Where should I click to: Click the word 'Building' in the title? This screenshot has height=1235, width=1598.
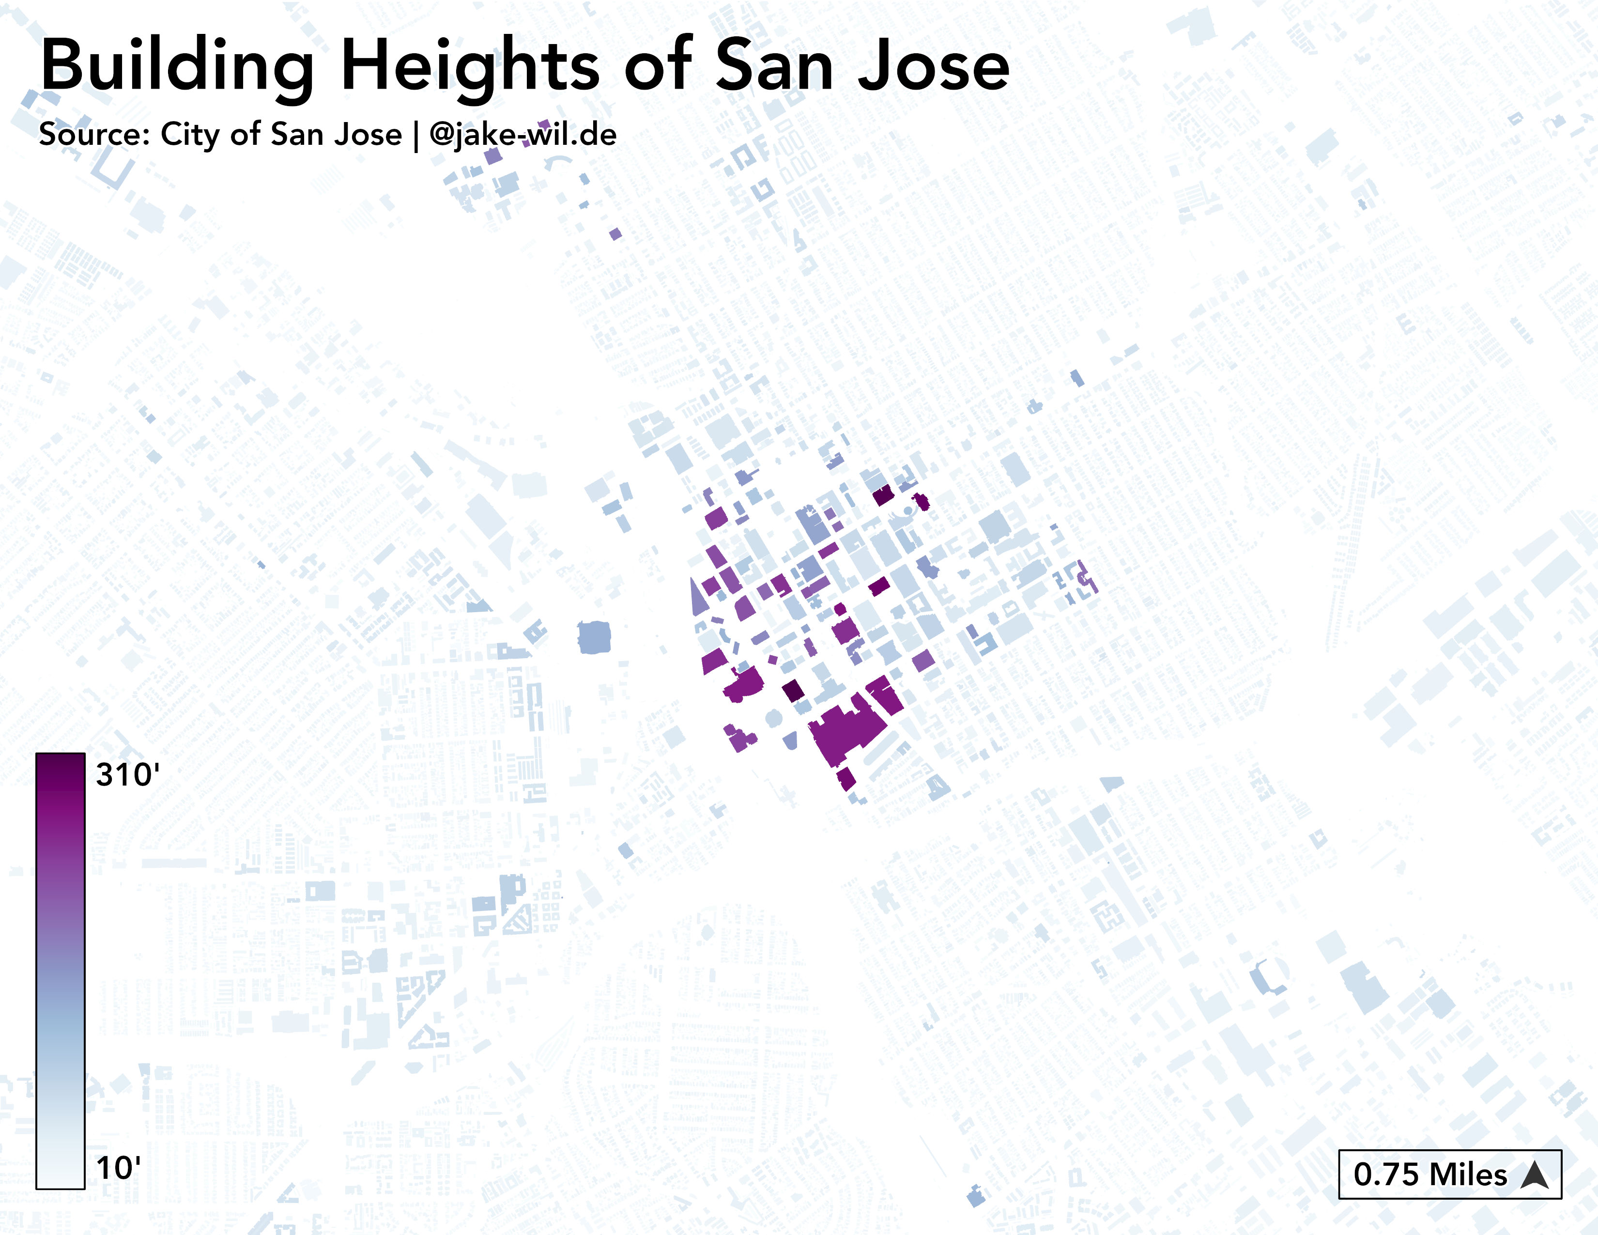pos(178,67)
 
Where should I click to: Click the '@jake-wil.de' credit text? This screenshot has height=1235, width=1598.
pos(522,135)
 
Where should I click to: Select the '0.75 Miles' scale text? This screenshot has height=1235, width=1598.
pos(1429,1175)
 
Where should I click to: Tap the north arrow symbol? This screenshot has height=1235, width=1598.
pos(1535,1175)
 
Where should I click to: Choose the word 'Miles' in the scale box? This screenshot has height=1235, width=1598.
pos(1468,1175)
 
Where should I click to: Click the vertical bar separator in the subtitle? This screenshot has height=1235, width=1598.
pos(415,136)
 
